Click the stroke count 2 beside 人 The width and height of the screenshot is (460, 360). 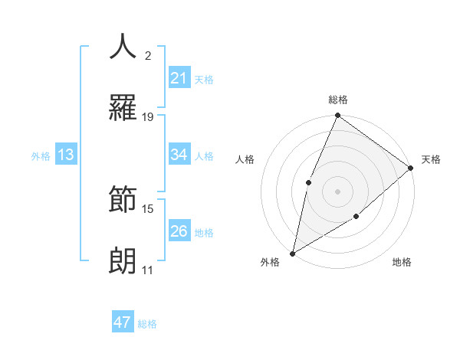148,55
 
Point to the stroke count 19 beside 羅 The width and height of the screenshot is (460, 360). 148,116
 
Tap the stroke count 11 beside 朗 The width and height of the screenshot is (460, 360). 148,270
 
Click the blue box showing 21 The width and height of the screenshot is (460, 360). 179,78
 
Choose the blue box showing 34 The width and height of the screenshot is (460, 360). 179,155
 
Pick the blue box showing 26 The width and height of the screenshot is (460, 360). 179,231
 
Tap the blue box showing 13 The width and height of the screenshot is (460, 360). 66,155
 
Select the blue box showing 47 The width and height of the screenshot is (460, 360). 123,322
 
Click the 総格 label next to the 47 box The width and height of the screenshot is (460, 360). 147,324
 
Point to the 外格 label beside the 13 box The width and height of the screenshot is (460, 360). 41,156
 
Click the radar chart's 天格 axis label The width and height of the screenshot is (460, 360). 431,159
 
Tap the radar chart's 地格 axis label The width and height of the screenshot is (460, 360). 402,262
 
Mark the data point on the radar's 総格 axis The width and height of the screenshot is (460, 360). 337,116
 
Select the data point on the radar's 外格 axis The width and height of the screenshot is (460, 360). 293,253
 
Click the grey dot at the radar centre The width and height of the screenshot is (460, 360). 337,191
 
